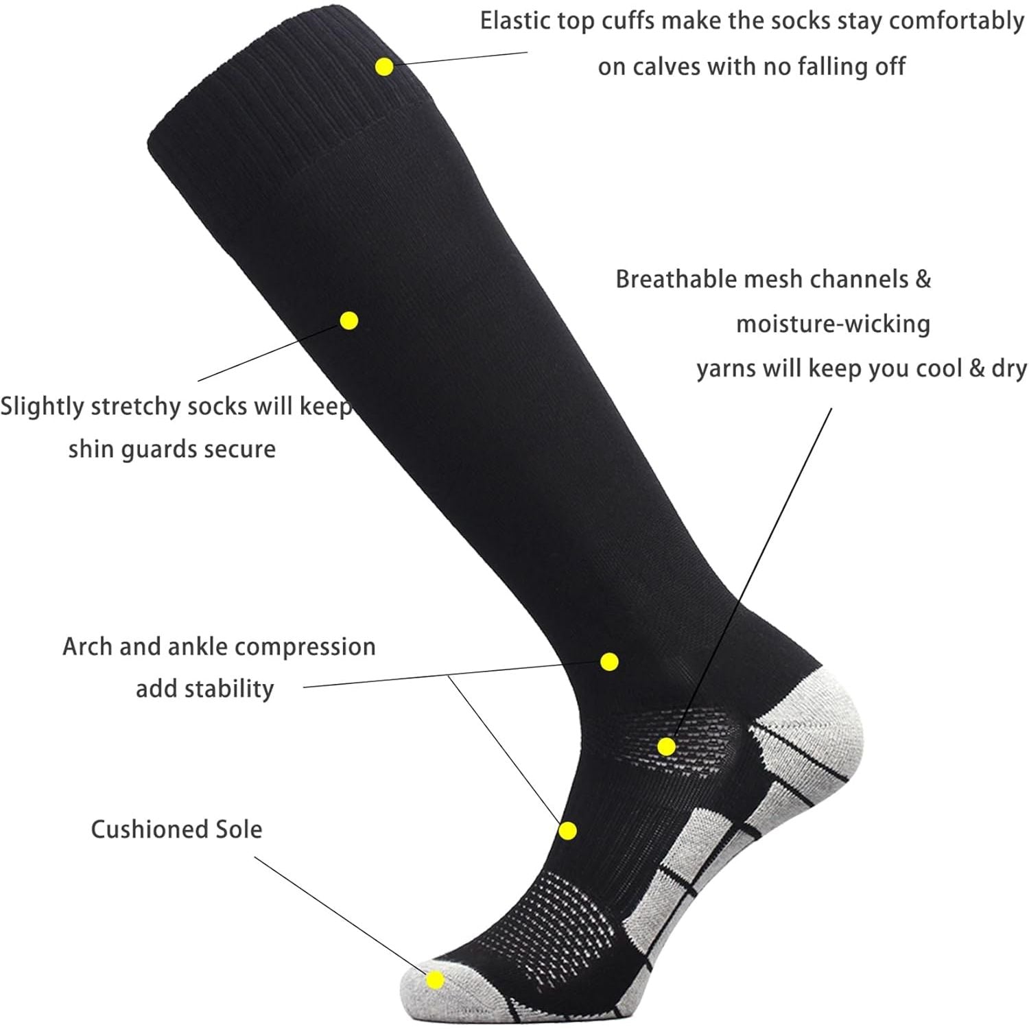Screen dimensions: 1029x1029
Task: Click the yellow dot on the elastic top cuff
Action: (384, 67)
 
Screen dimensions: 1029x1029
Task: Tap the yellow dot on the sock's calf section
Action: (349, 320)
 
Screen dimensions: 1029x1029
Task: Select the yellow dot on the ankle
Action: (609, 661)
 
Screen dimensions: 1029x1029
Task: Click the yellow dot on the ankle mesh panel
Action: (666, 746)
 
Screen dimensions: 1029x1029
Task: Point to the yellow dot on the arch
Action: (567, 831)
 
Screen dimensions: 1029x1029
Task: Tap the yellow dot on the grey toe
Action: (435, 980)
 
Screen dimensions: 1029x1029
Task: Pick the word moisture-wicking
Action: (833, 324)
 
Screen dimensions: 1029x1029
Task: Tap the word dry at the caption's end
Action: (1009, 369)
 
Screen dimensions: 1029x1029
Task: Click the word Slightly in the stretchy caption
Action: (42, 407)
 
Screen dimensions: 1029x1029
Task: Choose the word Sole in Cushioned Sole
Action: (238, 829)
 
